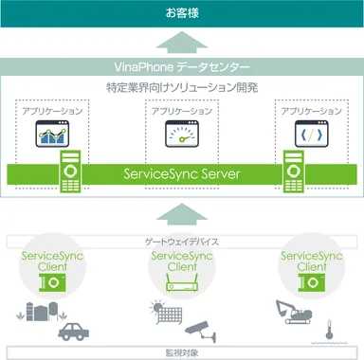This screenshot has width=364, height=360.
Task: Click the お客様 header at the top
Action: point(182,13)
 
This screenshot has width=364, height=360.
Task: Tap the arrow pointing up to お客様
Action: point(182,44)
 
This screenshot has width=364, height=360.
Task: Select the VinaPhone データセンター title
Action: point(182,68)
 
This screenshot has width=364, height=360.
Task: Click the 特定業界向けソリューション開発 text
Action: point(182,88)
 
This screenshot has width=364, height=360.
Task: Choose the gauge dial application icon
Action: point(181,135)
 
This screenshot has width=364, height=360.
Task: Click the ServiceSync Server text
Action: point(182,175)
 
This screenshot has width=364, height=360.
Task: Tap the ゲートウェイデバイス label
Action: point(182,242)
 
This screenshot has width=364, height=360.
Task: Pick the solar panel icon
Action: point(156,311)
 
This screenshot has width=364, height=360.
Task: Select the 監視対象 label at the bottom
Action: point(182,352)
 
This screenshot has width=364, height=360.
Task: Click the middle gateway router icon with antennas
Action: point(181,280)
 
